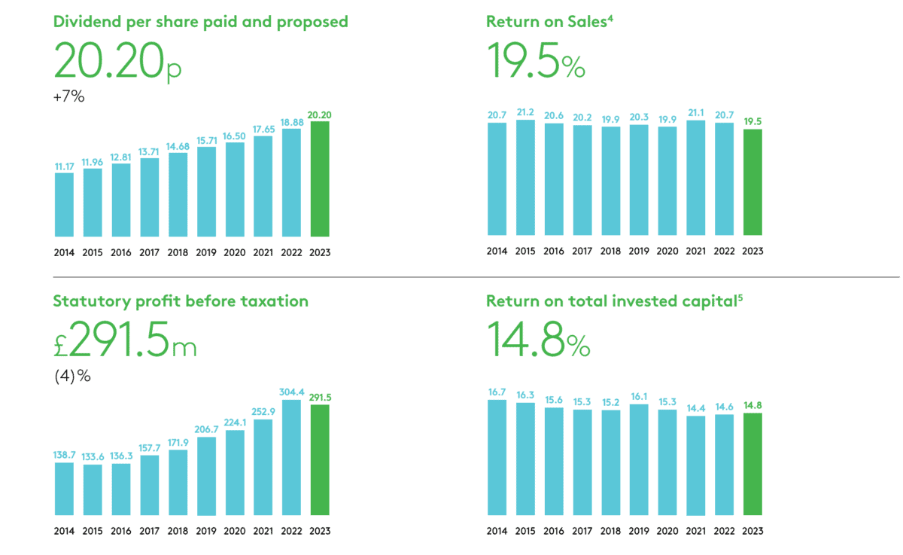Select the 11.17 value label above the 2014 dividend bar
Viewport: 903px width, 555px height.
coord(64,166)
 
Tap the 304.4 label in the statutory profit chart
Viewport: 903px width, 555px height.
coord(291,392)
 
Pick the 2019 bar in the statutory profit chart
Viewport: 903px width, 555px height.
coord(206,476)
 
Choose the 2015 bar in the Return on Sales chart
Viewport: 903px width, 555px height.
coord(525,178)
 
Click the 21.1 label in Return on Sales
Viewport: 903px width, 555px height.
coord(695,114)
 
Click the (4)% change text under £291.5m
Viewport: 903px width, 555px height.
coord(72,376)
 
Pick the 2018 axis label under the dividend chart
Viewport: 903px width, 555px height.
coord(178,252)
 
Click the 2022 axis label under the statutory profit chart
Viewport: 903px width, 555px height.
coord(291,531)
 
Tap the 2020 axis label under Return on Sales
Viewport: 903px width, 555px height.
coord(667,251)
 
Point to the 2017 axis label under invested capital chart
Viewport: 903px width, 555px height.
coord(582,531)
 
